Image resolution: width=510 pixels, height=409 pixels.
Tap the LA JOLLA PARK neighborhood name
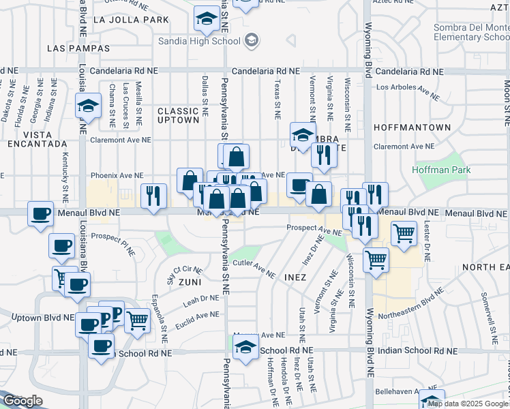(130, 20)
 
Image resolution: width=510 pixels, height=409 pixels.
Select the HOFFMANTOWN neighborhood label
(412, 127)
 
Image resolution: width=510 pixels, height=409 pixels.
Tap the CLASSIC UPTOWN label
(179, 115)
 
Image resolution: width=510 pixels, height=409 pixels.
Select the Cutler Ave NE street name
(254, 268)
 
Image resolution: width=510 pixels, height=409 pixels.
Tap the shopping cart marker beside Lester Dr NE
(404, 234)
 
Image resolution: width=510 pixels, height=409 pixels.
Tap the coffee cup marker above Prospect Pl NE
(41, 214)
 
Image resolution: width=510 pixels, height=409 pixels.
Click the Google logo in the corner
(22, 402)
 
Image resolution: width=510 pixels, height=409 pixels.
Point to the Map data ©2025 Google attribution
(468, 404)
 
